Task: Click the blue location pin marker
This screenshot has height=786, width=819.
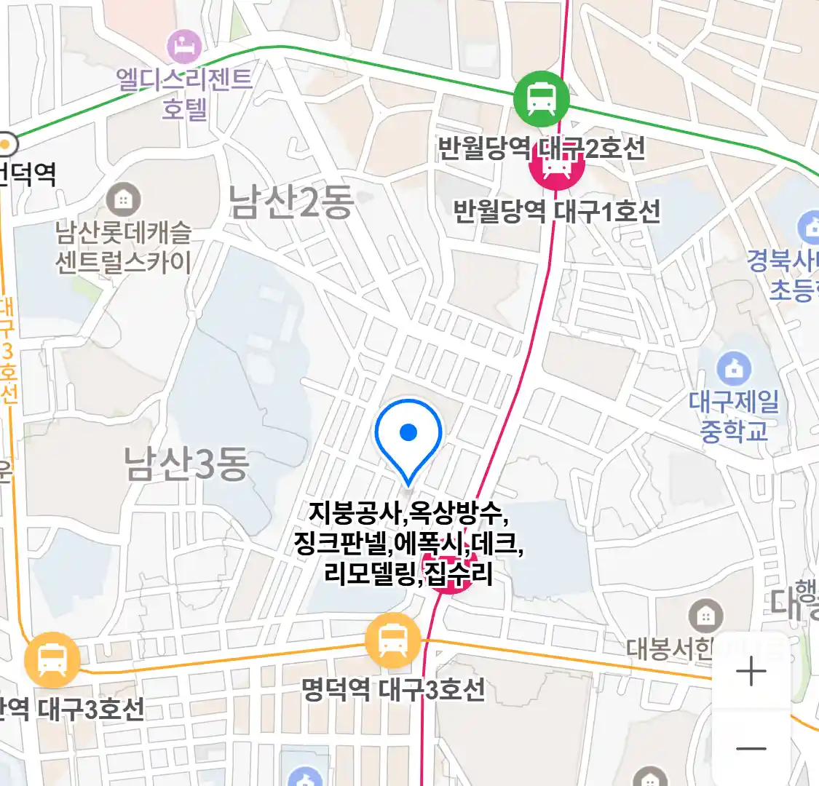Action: [x=408, y=434]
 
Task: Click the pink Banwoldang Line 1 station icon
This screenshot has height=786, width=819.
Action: [x=557, y=167]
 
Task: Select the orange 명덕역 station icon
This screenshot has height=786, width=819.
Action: [x=393, y=641]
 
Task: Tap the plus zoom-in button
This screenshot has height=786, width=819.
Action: [x=751, y=672]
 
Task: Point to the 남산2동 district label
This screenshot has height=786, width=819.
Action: [x=291, y=202]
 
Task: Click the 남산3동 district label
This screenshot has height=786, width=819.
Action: [x=187, y=464]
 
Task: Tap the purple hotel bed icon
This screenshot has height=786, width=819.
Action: [x=183, y=46]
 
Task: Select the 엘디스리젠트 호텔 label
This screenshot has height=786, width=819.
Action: [x=185, y=93]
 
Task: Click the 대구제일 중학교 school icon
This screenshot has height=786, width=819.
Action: [x=734, y=368]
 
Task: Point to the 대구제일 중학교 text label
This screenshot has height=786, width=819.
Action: [x=734, y=416]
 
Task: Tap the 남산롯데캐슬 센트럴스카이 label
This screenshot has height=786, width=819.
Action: [x=124, y=247]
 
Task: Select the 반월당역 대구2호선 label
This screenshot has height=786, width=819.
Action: [x=541, y=148]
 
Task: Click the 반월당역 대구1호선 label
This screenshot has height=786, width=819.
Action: [x=557, y=211]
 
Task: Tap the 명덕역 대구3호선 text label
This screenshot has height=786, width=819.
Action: [x=393, y=688]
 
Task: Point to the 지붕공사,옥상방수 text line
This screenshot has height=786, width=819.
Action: [x=408, y=513]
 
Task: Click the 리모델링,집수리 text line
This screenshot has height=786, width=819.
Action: [x=408, y=573]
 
